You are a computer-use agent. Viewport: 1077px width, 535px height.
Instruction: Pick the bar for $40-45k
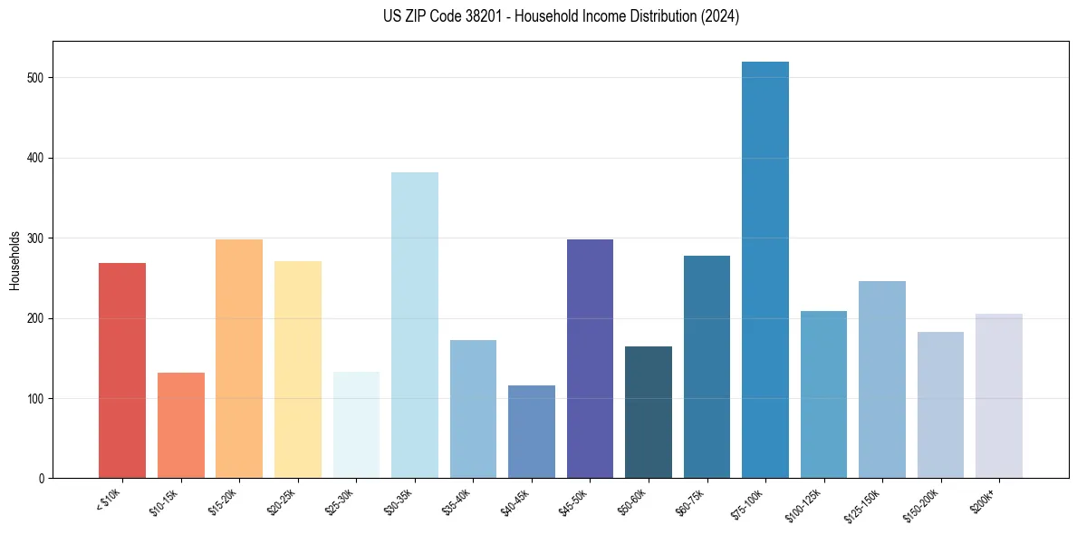532,432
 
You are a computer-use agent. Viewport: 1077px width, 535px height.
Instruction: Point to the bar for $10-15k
181,425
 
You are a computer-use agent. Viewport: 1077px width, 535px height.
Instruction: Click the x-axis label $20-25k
282,502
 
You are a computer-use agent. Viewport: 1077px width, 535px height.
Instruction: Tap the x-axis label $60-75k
691,502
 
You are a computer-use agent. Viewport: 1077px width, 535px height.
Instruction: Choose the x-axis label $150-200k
922,505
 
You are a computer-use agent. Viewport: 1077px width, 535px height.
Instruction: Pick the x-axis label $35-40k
457,502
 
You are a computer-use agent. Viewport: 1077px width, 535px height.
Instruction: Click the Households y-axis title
15,260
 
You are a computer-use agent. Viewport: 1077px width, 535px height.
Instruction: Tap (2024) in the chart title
720,16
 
